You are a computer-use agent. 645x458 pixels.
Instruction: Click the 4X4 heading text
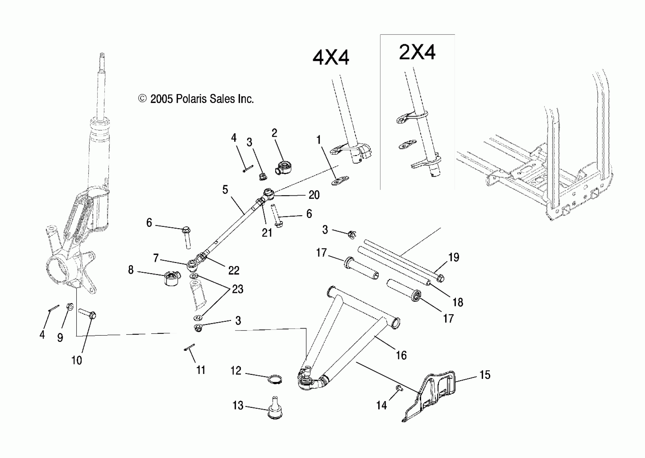[331, 58]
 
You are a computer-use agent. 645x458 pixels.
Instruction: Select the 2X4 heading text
[417, 52]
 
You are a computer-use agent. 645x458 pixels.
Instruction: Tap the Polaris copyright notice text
[196, 99]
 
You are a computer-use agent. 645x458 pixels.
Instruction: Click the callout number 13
[238, 405]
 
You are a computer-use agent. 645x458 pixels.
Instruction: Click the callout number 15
[485, 375]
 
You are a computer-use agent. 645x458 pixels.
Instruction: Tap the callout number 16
[401, 355]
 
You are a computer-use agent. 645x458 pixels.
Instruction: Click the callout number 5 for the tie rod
[225, 190]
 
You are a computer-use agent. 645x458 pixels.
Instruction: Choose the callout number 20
[314, 195]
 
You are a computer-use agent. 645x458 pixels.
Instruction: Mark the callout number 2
[274, 133]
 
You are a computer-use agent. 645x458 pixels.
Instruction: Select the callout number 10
[77, 360]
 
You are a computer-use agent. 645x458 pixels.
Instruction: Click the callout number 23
[237, 289]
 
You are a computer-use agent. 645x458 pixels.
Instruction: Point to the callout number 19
[454, 257]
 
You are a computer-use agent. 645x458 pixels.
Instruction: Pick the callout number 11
[201, 370]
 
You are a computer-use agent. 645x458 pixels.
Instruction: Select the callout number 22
[234, 270]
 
